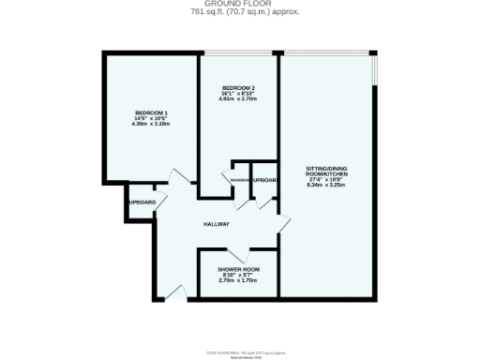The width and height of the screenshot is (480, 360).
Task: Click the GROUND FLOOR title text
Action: (239, 4)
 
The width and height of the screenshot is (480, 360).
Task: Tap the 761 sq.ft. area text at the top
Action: (239, 13)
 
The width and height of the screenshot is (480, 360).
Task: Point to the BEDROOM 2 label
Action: (238, 88)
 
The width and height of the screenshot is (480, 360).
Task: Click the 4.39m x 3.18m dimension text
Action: (152, 126)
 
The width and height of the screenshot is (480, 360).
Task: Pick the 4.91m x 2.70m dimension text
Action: (238, 101)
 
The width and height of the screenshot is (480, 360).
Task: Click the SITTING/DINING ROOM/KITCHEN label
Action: (327, 173)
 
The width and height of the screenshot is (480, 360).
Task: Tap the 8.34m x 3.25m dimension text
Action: (327, 186)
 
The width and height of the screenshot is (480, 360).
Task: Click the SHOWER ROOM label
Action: (238, 269)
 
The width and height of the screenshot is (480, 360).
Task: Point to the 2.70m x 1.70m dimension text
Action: (238, 281)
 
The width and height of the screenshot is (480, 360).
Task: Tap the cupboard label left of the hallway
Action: (142, 202)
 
